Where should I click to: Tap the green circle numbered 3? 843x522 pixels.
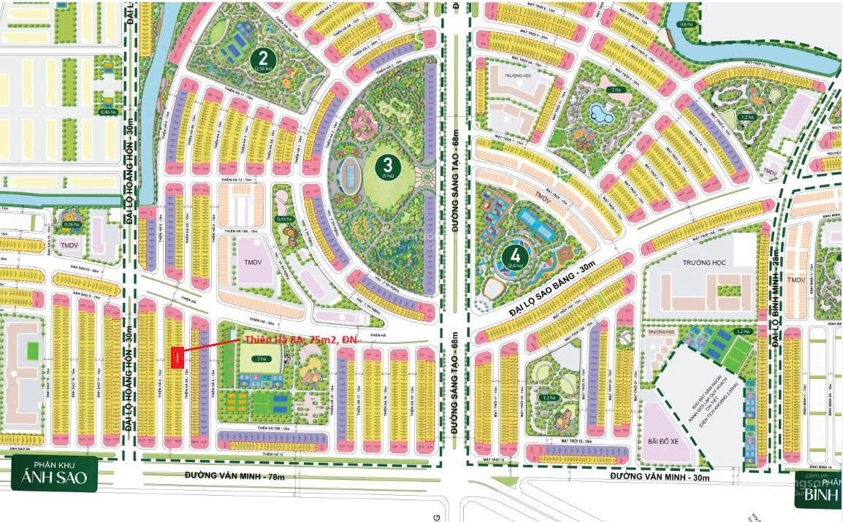[386, 164]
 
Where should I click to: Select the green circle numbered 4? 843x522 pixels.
[516, 255]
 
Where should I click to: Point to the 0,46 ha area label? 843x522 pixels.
[107, 112]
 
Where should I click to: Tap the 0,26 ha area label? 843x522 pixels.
[71, 225]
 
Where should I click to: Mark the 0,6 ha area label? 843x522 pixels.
[686, 24]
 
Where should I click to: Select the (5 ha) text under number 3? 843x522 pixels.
[386, 175]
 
